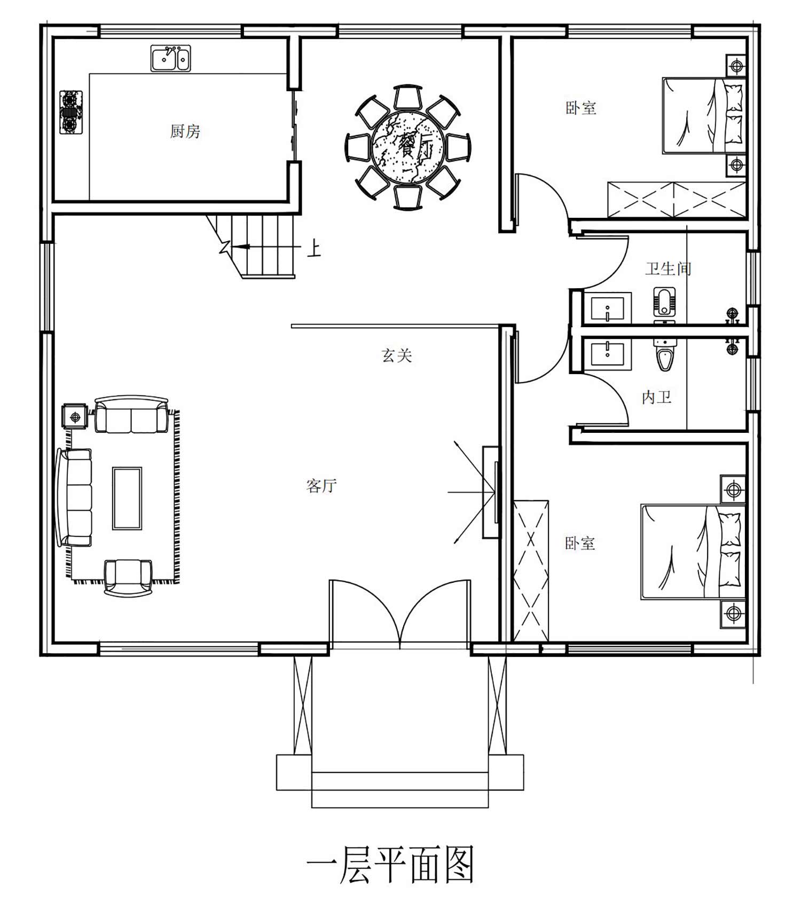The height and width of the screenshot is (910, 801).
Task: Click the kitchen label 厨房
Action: pos(185,131)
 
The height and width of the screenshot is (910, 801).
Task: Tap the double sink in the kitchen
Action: pos(171,58)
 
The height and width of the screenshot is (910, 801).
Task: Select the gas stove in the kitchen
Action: pos(70,112)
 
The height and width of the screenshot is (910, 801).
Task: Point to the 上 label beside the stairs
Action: pos(314,249)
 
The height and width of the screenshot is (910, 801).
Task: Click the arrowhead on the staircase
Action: pos(241,247)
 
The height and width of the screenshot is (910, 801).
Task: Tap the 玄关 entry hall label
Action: pos(397,355)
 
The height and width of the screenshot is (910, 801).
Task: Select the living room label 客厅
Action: pos(321,485)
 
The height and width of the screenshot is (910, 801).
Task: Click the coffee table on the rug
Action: pos(127,498)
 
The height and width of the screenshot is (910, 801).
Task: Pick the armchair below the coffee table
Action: pos(128,577)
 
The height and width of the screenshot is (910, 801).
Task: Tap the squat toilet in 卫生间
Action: pos(664,304)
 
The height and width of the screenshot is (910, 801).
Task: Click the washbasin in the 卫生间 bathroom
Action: pos(608,309)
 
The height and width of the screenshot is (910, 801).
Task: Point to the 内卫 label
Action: pos(656,397)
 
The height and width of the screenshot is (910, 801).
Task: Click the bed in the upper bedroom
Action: pos(704,116)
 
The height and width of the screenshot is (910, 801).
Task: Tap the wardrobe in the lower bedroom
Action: pos(531,571)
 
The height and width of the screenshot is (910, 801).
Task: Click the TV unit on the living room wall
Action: pos(491,492)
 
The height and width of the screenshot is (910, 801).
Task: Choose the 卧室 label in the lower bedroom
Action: pos(580,543)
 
